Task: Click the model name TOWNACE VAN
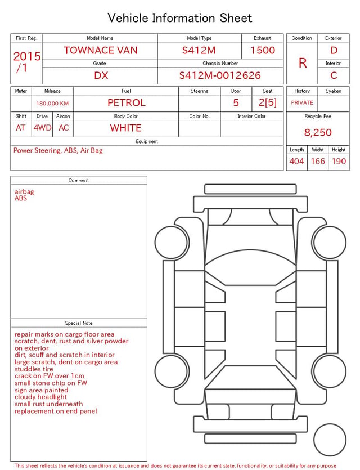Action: (100, 50)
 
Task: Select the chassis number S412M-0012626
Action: (220, 75)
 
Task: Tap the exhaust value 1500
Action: (263, 50)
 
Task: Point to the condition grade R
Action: (303, 63)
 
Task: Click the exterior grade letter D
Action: (334, 50)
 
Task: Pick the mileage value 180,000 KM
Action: (52, 104)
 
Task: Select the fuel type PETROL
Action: (127, 103)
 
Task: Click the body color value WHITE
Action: (125, 128)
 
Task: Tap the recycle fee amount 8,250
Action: (318, 132)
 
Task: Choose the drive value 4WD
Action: (42, 128)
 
